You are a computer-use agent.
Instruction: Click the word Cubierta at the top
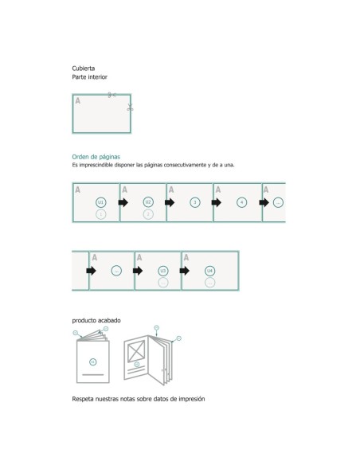(x=84, y=69)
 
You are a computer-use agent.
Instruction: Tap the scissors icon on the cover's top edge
(x=112, y=96)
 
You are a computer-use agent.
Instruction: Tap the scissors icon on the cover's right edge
(x=130, y=107)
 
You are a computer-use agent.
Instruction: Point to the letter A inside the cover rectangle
(x=78, y=101)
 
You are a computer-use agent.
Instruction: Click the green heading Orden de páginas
(x=96, y=157)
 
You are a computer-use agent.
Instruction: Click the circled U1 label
(x=100, y=202)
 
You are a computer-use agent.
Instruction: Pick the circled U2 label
(x=148, y=202)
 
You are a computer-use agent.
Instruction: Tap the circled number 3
(x=195, y=202)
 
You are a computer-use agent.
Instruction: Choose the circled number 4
(x=242, y=202)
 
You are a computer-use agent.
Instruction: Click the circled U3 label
(x=163, y=271)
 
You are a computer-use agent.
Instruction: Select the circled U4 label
(x=210, y=271)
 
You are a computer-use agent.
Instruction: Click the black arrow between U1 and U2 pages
(x=123, y=203)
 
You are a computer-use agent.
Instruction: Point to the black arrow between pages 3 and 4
(x=217, y=203)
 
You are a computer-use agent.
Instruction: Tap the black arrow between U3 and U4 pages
(x=185, y=271)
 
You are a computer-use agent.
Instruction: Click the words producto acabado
(x=96, y=320)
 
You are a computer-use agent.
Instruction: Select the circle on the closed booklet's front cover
(x=92, y=362)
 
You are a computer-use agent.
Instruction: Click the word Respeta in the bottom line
(x=84, y=398)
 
